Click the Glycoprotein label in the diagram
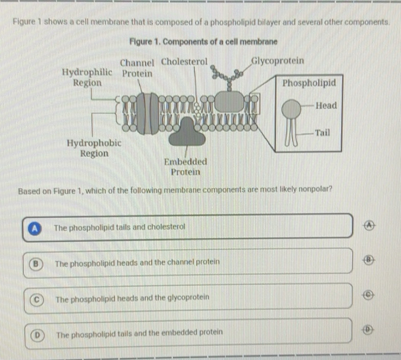277,61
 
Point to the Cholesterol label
184,61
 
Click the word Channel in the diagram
137,63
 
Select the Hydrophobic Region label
95,147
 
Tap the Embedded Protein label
185,166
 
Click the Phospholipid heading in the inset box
309,83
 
